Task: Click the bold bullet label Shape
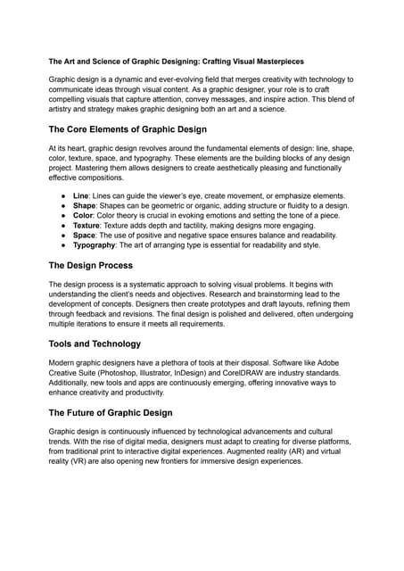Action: click(86, 205)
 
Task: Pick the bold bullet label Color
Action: click(85, 215)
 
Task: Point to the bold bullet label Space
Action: click(86, 235)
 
